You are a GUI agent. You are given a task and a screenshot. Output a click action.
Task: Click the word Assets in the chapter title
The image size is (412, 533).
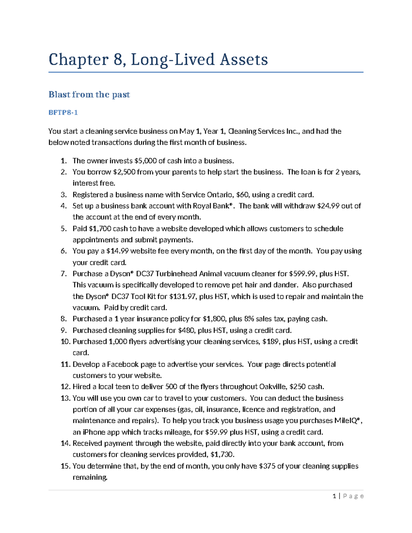pos(244,60)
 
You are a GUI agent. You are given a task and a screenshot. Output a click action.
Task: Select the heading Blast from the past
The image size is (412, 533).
pos(89,94)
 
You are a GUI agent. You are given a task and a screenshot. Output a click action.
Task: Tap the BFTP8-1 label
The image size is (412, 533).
pos(63,112)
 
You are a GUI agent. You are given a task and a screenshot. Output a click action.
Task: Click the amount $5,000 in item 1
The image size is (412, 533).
pos(146,161)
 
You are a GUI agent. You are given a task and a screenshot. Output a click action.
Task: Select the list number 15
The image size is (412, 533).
pos(65,466)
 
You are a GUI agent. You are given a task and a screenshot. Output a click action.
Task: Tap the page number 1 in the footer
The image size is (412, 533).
pos(334,496)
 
